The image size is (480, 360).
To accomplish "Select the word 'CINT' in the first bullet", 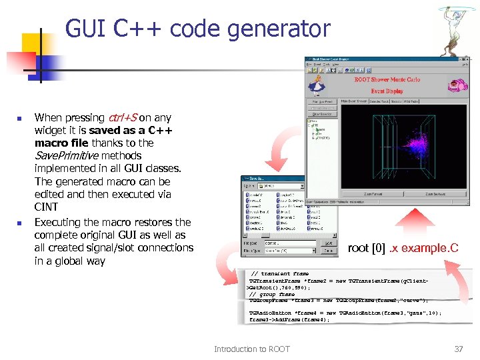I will pos(46,207).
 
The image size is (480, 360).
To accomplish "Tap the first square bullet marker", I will pos(19,119).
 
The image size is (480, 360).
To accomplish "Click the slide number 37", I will pos(458,349).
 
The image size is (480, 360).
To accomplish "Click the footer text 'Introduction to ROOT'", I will pos(252,349).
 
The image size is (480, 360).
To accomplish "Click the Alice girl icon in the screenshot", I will pos(317,83).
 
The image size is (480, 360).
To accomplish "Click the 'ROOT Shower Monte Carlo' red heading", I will pos(387,79).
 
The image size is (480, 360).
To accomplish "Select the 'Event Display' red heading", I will pos(387,91).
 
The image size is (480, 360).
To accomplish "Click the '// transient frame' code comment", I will pos(279,274).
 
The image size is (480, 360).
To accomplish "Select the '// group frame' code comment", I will pos(272,294).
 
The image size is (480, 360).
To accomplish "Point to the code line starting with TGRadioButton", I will pos(345,313).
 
